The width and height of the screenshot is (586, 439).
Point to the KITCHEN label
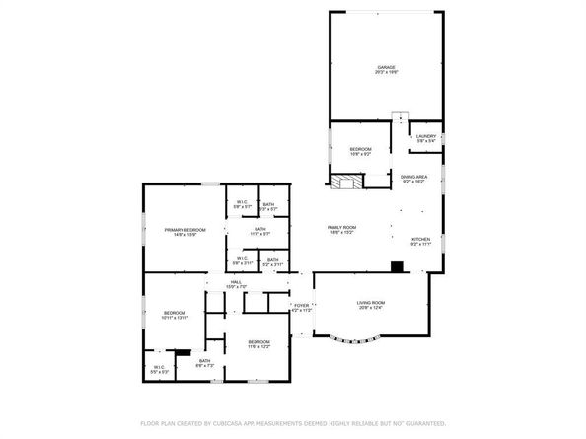(x=420, y=241)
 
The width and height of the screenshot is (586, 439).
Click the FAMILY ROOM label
(x=342, y=230)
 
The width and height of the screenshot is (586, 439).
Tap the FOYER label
(x=302, y=308)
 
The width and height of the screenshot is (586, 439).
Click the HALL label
(x=237, y=284)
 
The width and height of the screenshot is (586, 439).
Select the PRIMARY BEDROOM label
(x=184, y=231)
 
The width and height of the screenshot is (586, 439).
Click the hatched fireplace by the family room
(x=344, y=183)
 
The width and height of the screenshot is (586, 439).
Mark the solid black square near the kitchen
(x=396, y=265)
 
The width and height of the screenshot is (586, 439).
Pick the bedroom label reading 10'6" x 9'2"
(x=360, y=151)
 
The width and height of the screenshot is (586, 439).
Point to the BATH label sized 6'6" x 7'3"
(x=204, y=363)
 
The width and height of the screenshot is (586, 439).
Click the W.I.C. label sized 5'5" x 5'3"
(x=159, y=369)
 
